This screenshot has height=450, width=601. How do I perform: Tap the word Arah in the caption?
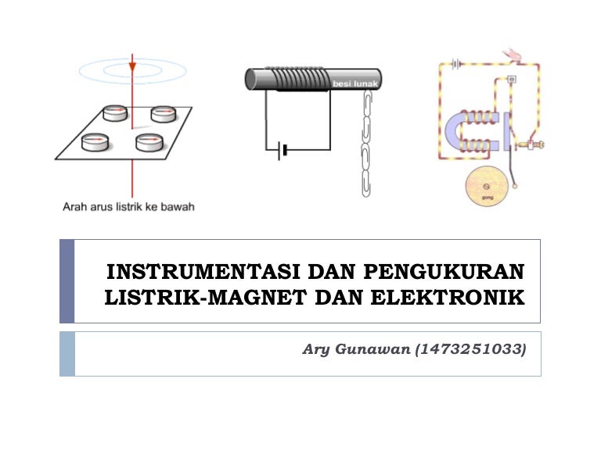point(75,207)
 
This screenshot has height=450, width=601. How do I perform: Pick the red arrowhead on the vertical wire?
point(132,67)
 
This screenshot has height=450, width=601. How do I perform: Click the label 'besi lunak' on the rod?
point(351,82)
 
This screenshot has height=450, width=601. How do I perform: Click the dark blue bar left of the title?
point(67,281)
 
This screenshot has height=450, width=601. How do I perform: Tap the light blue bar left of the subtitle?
point(67,353)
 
